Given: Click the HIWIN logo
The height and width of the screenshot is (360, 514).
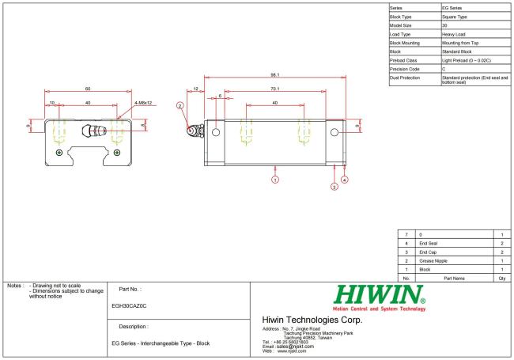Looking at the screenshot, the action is coord(380,297).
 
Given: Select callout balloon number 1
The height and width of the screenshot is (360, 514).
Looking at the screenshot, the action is coord(275,180).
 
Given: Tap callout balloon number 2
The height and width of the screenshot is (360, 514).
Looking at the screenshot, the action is coord(180,105).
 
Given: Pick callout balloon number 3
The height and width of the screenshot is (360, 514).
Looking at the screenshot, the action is coord(334,187).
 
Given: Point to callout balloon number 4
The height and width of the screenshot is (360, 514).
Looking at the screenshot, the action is coord(344,180).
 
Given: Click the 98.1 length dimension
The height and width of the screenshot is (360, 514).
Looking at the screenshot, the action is coord(275,74).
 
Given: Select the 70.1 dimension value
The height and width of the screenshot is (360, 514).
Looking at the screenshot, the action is coord(275,89).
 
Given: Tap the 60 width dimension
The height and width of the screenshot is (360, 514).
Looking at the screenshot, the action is coord(88,89).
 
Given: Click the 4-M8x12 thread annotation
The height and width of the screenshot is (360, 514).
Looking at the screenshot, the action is coord(143,103).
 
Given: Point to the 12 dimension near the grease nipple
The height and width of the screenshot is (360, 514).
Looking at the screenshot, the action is coord(195,89).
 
